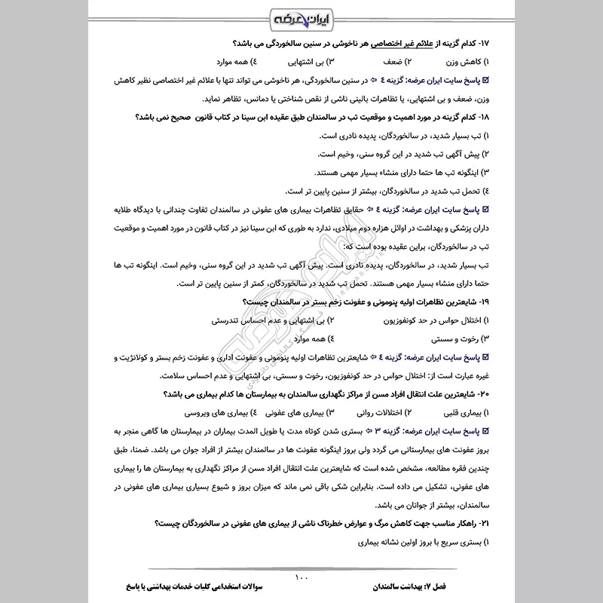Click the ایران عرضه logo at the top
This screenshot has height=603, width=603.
(x=301, y=17)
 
